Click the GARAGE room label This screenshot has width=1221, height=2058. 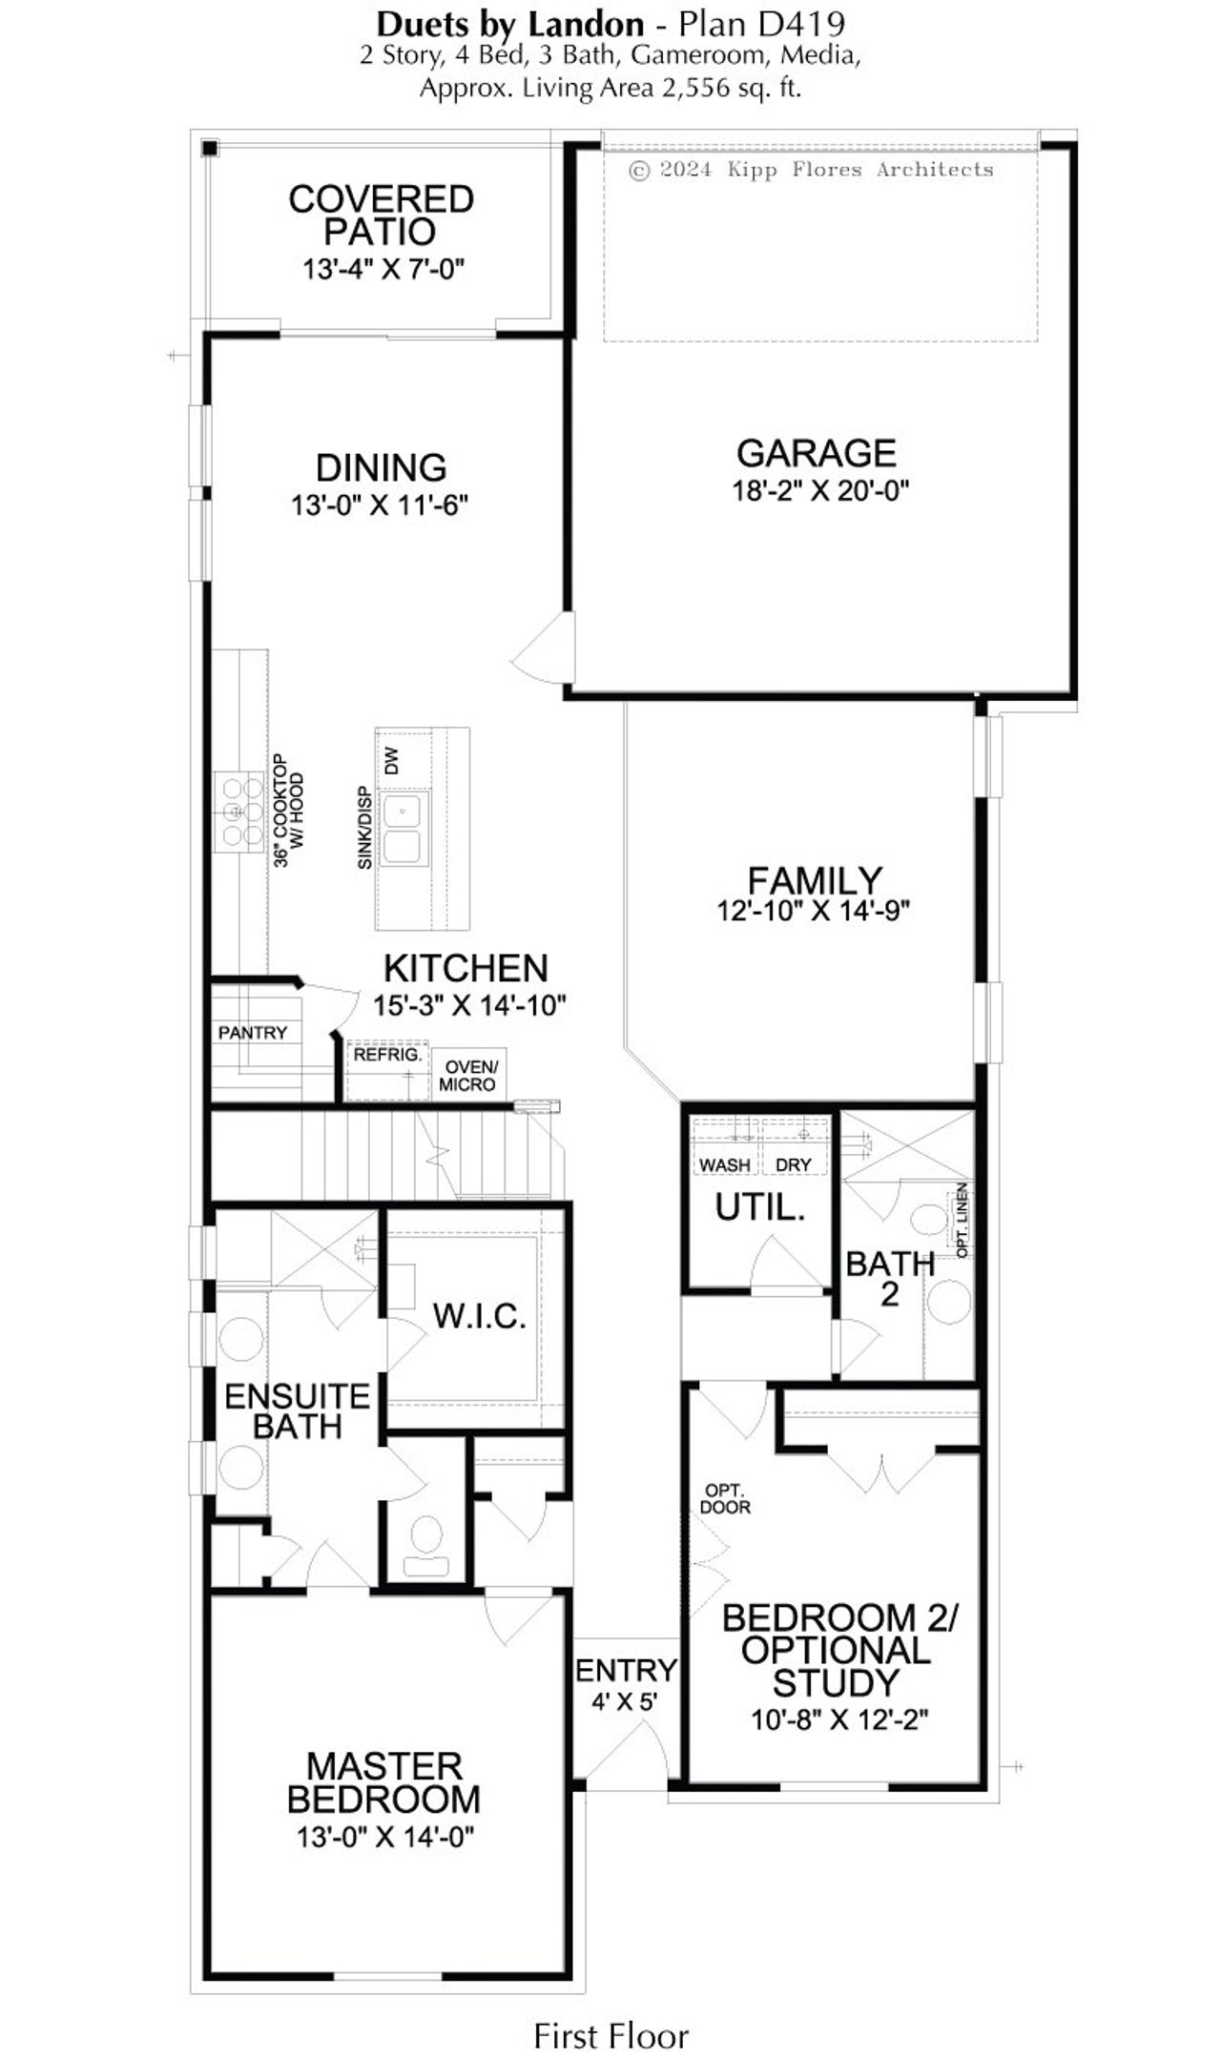pyautogui.click(x=816, y=452)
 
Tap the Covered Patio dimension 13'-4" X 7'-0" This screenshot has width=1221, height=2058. pyautogui.click(x=383, y=270)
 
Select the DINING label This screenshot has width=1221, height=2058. pyautogui.click(x=381, y=467)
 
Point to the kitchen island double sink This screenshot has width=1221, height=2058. pyautogui.click(x=403, y=829)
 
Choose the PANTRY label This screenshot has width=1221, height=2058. pyautogui.click(x=252, y=1032)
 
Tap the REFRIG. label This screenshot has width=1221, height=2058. pyautogui.click(x=386, y=1056)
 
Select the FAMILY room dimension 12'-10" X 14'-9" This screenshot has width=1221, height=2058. pyautogui.click(x=814, y=911)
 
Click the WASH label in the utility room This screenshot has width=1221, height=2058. pyautogui.click(x=724, y=1164)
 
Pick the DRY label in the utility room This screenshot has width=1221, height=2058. pyautogui.click(x=793, y=1164)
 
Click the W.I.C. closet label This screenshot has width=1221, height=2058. pyautogui.click(x=479, y=1316)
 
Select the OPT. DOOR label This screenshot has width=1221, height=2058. pyautogui.click(x=725, y=1498)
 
